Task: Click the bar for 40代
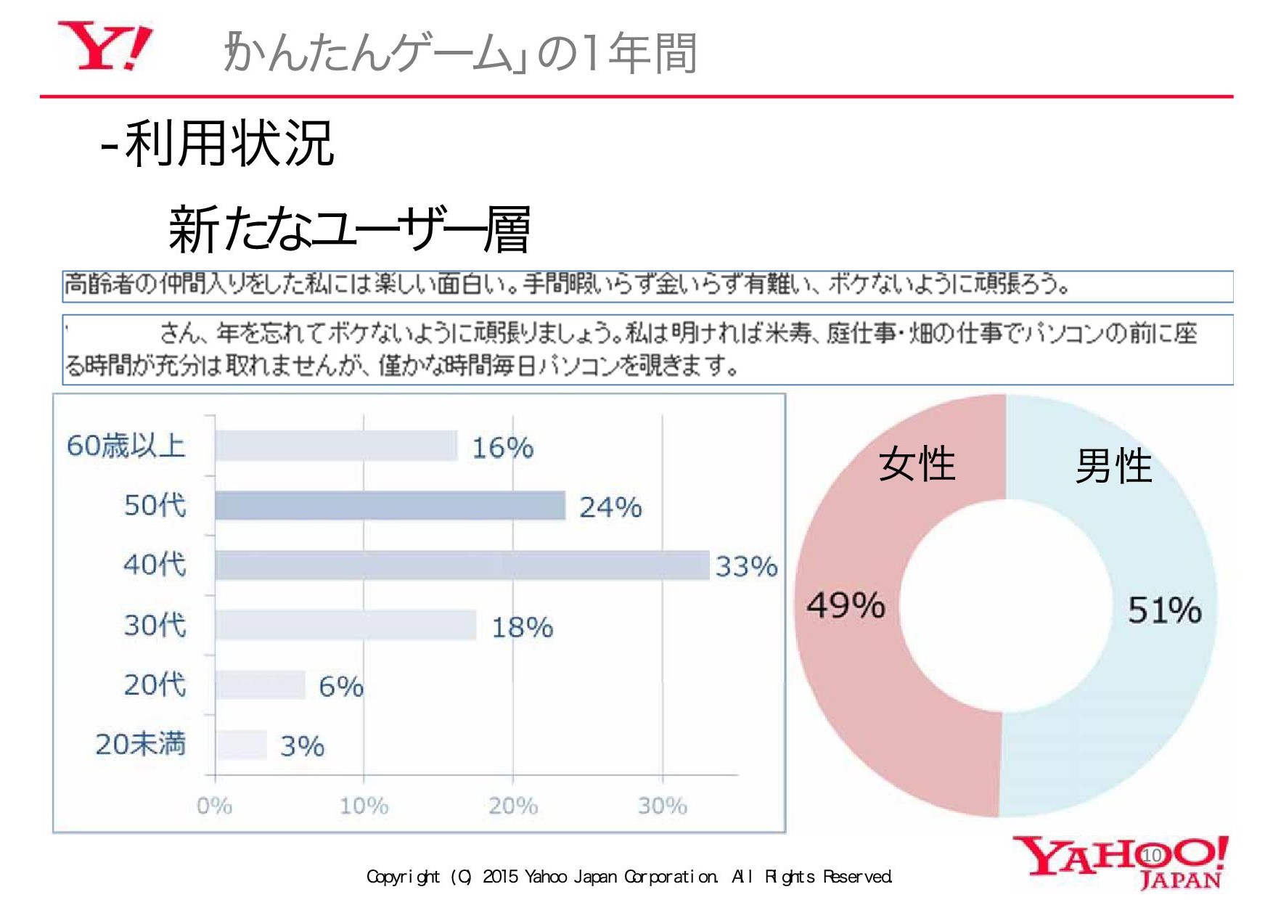coord(462,565)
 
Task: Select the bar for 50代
coord(390,506)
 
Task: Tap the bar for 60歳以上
coord(336,446)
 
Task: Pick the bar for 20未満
coord(241,745)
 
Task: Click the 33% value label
coord(746,567)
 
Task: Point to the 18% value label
coord(522,627)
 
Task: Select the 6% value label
coord(341,687)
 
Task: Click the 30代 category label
coord(155,625)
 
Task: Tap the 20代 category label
coord(155,684)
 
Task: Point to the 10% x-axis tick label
coord(364,806)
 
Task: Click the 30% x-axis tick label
coord(662,806)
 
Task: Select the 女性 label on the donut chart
coord(917,465)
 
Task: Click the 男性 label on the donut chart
coord(1113,466)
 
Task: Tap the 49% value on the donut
coord(846,605)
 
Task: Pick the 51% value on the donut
coord(1164,610)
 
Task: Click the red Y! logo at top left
coord(105,46)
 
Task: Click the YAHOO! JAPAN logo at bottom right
coord(1120,862)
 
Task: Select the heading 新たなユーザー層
coord(349,229)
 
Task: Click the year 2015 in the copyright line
coord(500,877)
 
